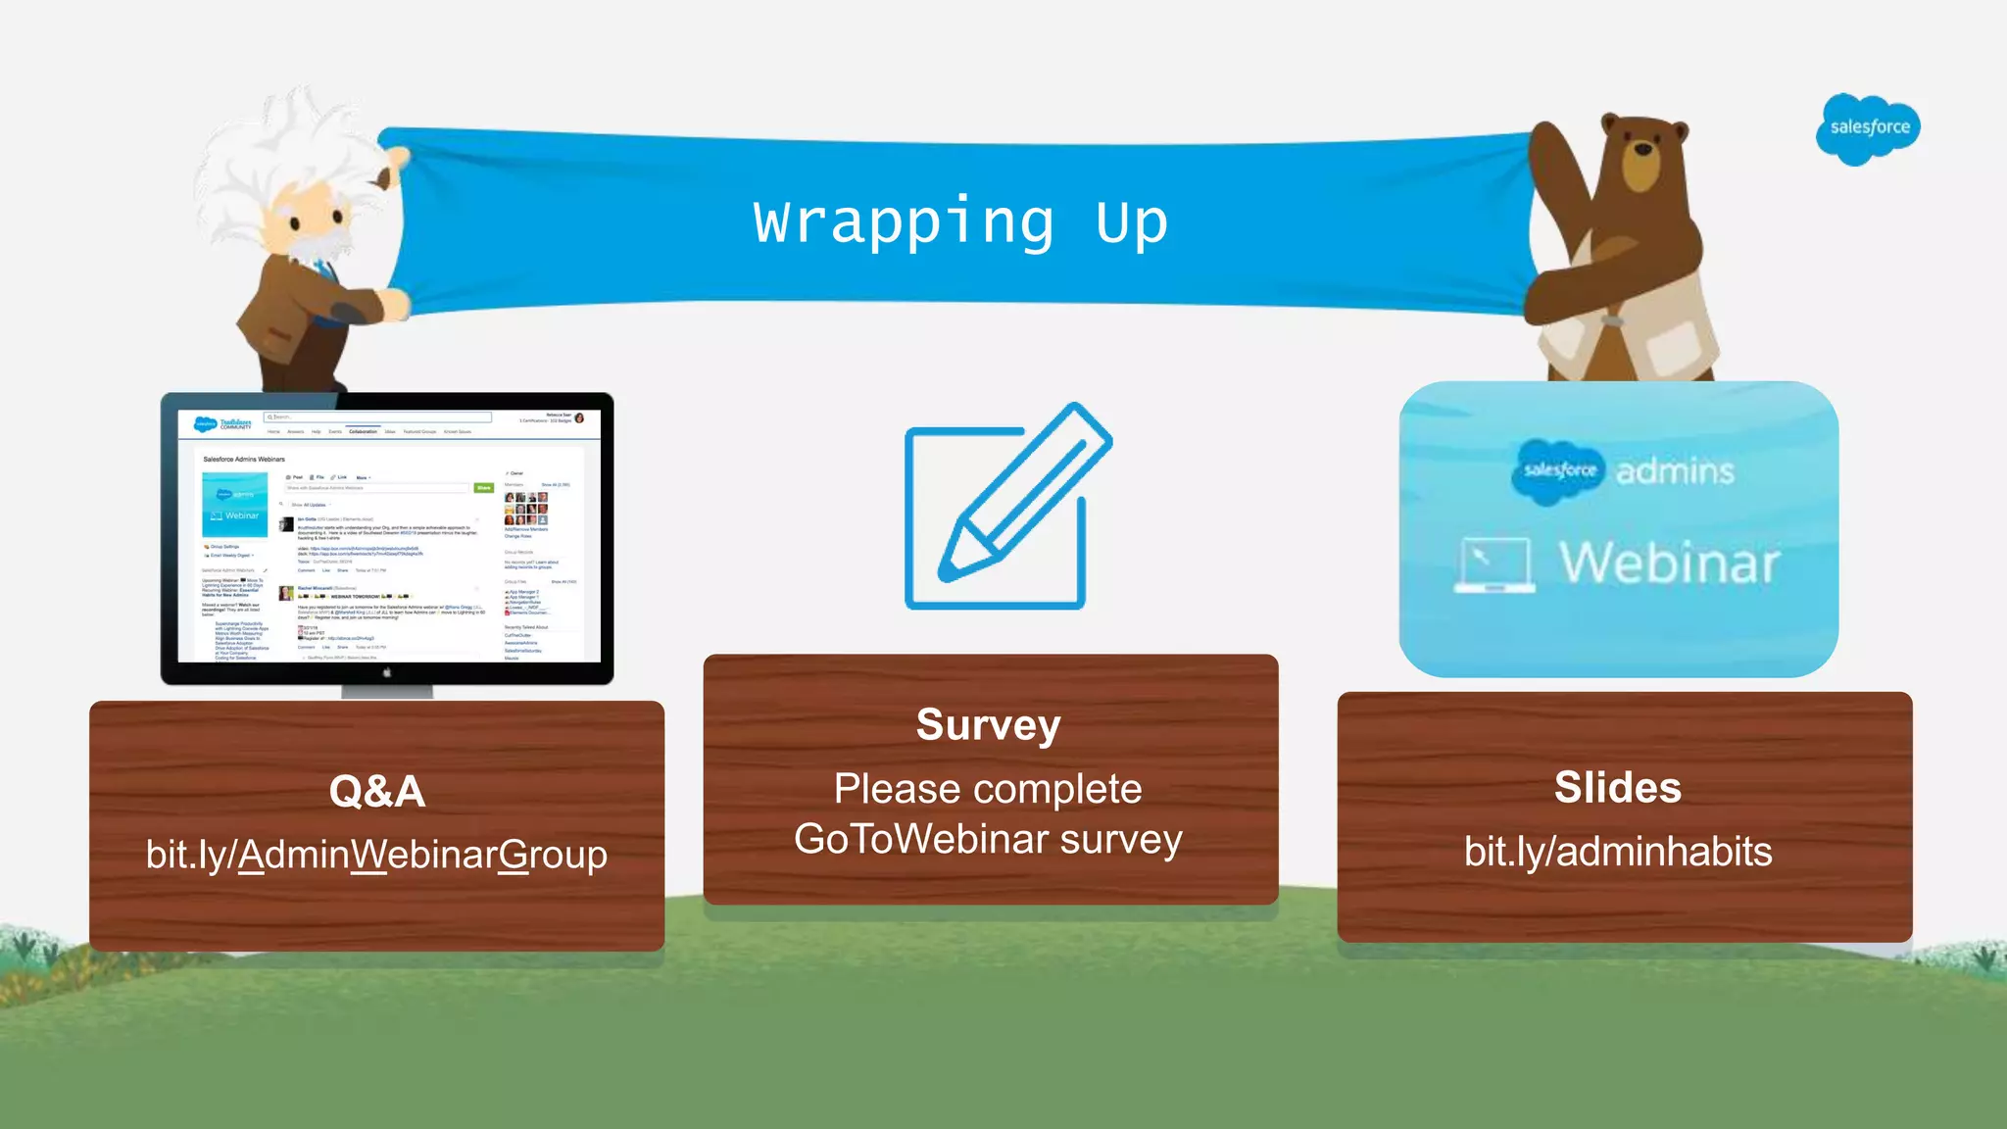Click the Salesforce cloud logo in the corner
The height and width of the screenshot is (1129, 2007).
pyautogui.click(x=1868, y=128)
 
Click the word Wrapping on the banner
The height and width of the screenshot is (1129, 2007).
pyautogui.click(x=903, y=222)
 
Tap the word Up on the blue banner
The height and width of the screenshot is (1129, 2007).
pyautogui.click(x=1131, y=222)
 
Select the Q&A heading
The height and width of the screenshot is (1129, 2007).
pyautogui.click(x=377, y=791)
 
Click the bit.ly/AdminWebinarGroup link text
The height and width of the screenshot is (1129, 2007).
pyautogui.click(x=376, y=855)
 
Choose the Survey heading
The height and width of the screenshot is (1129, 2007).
pyautogui.click(x=988, y=725)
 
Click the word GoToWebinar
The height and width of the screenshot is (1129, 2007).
pyautogui.click(x=921, y=840)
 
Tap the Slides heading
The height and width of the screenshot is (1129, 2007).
pyautogui.click(x=1617, y=787)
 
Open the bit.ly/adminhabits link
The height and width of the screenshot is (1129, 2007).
pyautogui.click(x=1617, y=852)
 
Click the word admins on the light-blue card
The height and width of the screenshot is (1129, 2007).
pyautogui.click(x=1674, y=471)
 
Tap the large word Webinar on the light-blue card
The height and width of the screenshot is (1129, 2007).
pyautogui.click(x=1669, y=563)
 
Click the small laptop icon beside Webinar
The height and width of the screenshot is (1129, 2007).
pyautogui.click(x=1493, y=564)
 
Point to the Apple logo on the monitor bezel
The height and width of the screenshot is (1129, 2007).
pyautogui.click(x=387, y=672)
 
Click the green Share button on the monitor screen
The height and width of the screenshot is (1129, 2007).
pyautogui.click(x=483, y=487)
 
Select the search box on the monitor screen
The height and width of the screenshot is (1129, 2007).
pyautogui.click(x=377, y=417)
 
